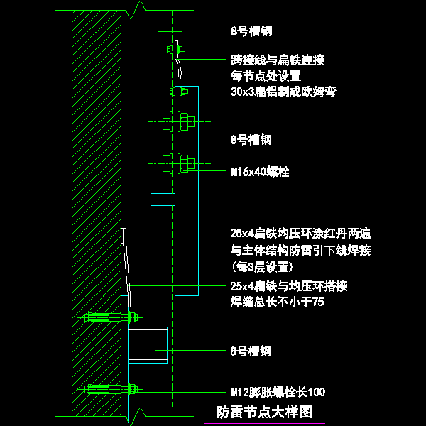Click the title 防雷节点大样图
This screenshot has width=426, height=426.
[264, 412]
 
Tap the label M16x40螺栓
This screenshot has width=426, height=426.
[260, 172]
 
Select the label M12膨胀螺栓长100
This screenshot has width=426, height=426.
[278, 392]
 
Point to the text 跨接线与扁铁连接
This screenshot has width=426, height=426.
[278, 60]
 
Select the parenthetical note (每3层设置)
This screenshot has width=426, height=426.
[262, 267]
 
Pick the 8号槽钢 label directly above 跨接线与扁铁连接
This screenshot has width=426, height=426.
[251, 31]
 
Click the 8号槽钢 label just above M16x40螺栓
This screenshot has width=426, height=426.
[251, 140]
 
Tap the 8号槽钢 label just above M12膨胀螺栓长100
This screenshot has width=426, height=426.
[251, 351]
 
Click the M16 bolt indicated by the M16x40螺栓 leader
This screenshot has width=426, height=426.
[177, 164]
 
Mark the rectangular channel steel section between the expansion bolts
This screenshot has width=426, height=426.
[148, 345]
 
